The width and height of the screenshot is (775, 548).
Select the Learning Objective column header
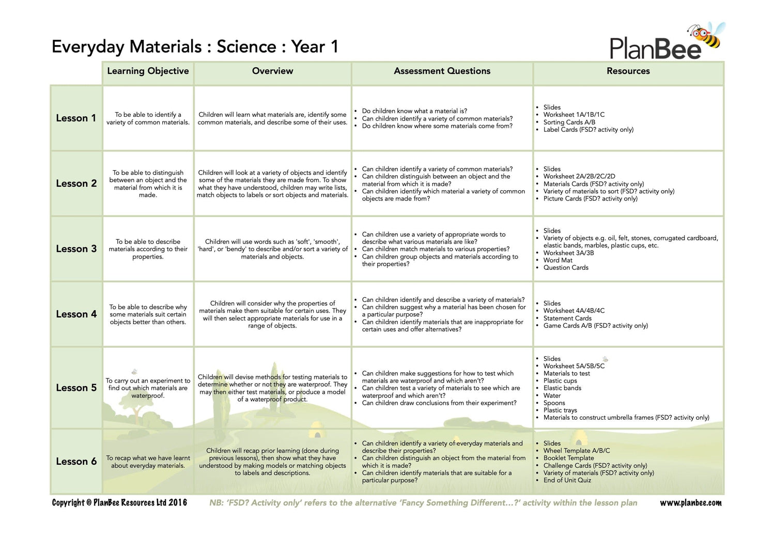click(148, 71)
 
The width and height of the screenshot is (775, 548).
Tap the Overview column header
click(272, 71)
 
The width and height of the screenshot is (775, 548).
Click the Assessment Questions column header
click(442, 71)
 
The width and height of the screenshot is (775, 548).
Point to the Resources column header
click(628, 71)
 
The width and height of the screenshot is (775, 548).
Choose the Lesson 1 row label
click(76, 118)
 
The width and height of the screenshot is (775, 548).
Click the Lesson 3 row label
click(76, 249)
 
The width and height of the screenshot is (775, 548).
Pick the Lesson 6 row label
click(76, 462)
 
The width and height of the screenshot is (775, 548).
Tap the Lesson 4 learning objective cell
click(148, 314)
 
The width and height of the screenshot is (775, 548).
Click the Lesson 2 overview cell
click(272, 184)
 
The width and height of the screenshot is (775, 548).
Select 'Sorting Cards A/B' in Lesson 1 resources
click(569, 123)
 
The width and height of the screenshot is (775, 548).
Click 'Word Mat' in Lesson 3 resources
click(557, 261)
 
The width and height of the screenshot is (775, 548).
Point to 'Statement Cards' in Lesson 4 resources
click(567, 318)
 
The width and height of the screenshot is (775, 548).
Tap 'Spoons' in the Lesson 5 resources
click(554, 403)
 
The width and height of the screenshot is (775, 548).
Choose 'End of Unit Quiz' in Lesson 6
click(567, 480)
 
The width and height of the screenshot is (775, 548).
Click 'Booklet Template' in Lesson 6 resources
click(568, 458)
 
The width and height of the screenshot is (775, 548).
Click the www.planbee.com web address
click(690, 503)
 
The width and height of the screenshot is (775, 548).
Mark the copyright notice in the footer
click(119, 503)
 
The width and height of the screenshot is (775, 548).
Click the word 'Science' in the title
click(246, 47)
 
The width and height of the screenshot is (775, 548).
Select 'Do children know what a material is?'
click(414, 111)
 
